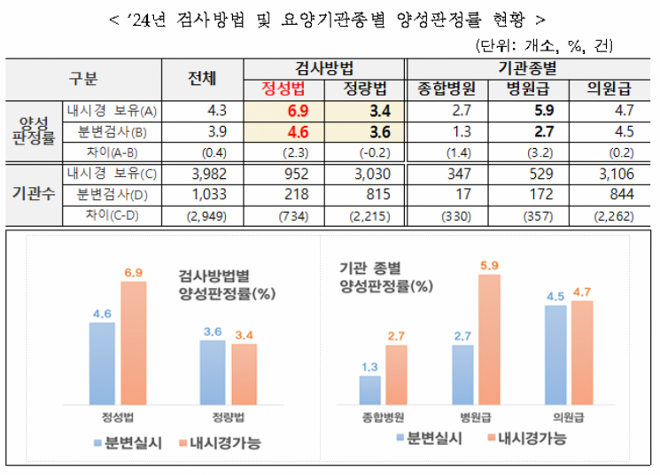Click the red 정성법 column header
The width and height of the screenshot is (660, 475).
284,89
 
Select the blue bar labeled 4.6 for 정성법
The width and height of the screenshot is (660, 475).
102,362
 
